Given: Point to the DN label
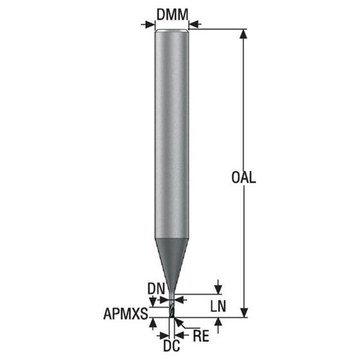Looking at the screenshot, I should pos(156,288).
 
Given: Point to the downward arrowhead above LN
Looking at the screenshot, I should pos(217,289).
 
